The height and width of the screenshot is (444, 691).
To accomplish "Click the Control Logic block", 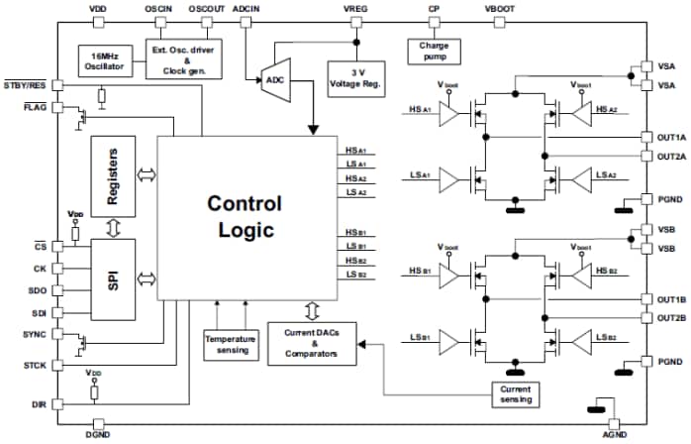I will [244, 218].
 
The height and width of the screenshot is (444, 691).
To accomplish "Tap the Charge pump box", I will [434, 51].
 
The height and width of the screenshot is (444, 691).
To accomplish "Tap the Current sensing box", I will [518, 392].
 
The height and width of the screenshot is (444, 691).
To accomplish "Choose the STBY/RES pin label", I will [26, 85].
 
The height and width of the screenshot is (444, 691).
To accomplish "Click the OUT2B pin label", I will [669, 317].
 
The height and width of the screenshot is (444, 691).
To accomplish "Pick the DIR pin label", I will [40, 404].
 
